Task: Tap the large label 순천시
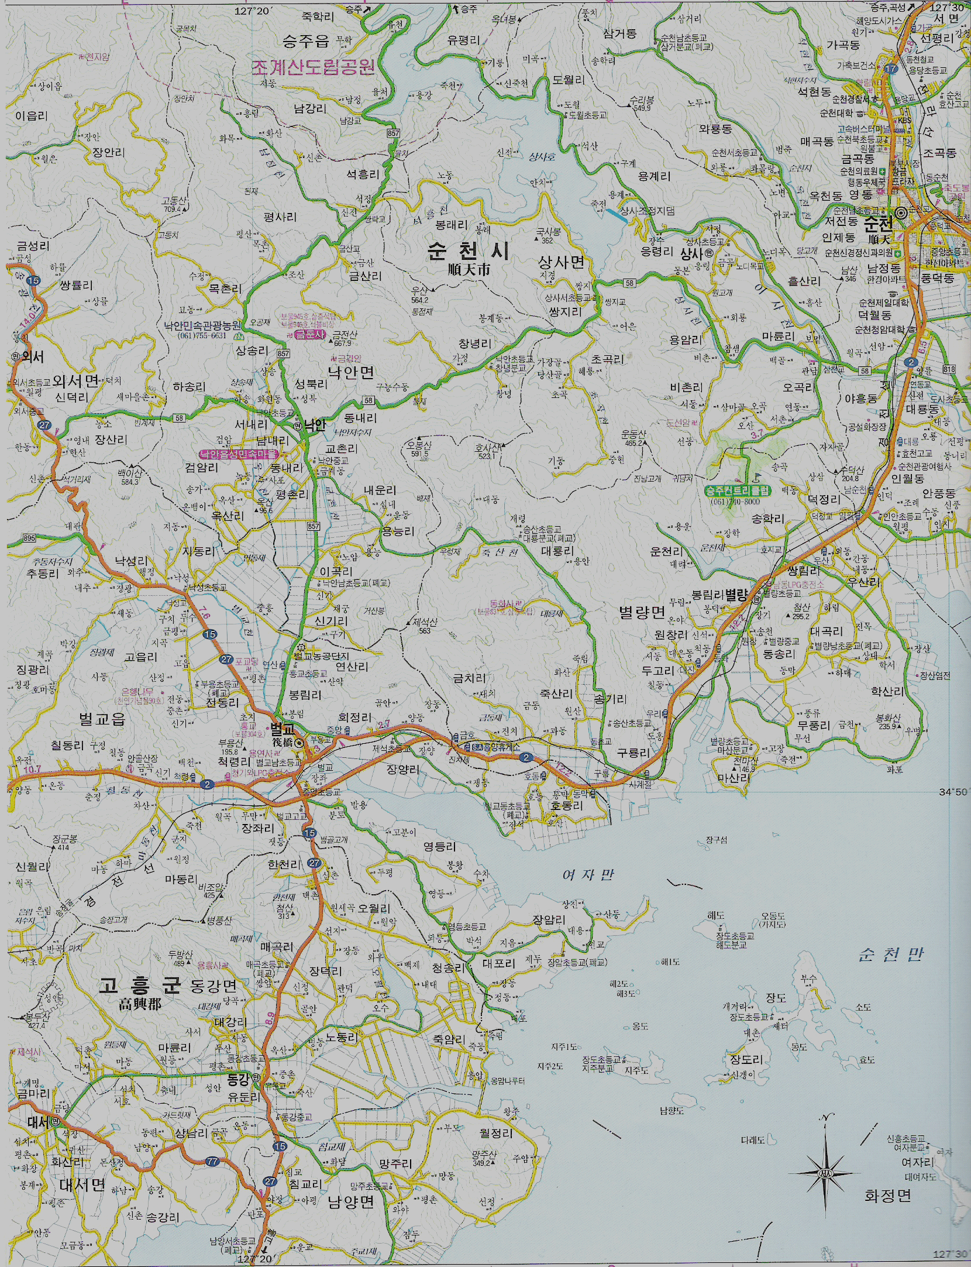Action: (468, 252)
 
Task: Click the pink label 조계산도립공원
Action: (313, 68)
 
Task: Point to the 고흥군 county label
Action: (139, 986)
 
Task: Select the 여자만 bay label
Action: (588, 875)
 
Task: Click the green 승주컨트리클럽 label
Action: (738, 490)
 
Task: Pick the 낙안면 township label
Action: (351, 372)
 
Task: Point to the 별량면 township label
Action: (642, 613)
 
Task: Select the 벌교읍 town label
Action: (102, 719)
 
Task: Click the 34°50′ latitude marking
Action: (953, 792)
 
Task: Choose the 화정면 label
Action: (888, 1195)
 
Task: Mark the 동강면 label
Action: (214, 986)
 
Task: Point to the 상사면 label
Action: (561, 263)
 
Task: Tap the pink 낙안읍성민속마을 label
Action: (238, 454)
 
